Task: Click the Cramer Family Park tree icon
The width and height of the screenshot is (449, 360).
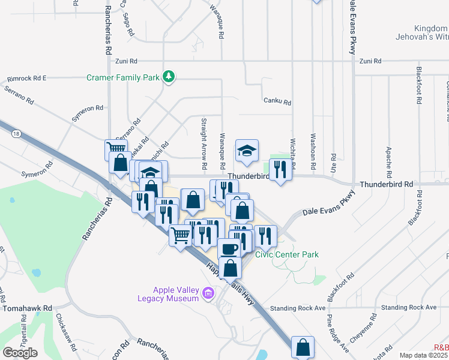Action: point(170,77)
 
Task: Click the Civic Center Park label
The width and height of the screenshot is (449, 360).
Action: point(287,254)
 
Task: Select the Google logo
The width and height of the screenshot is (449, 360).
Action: point(20,353)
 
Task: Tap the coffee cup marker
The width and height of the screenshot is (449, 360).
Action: point(228,248)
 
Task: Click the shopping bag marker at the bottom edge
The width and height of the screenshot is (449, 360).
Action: point(303,347)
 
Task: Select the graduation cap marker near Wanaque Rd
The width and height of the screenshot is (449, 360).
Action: point(246,151)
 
